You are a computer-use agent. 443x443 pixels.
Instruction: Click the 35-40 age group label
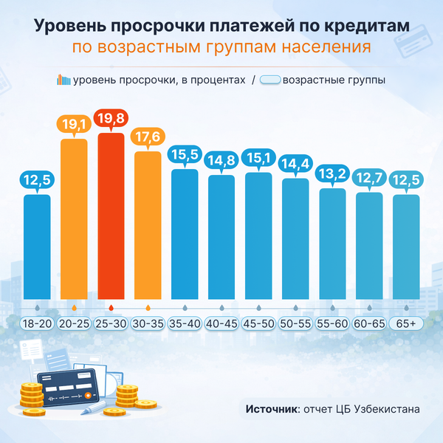pos(185,324)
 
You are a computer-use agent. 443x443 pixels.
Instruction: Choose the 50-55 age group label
pos(295,324)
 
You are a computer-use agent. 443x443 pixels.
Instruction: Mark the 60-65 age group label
pos(369,324)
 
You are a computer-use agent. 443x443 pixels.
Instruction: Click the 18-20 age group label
pos(37,324)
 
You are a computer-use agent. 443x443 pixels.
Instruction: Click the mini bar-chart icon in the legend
pos(63,80)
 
